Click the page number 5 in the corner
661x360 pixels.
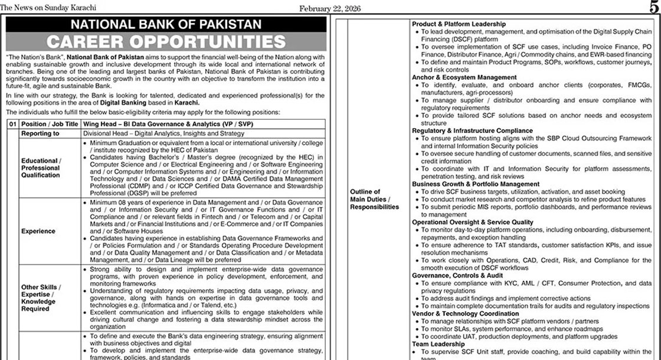tap(653, 7)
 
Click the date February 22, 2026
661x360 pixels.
tap(330, 9)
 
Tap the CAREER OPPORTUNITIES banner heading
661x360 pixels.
tap(166, 42)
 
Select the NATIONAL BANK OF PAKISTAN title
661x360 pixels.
tap(166, 25)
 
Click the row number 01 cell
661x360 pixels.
tap(12, 125)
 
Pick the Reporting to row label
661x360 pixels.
tap(40, 134)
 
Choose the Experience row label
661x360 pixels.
tap(38, 231)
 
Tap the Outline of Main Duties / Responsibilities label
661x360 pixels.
tap(374, 199)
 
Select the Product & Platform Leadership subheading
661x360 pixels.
tap(459, 24)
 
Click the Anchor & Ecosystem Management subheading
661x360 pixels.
tap(464, 77)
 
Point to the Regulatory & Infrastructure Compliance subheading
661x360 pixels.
tap(472, 130)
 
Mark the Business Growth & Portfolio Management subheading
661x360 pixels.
tap(476, 184)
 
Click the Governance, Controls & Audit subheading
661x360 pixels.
tap(457, 276)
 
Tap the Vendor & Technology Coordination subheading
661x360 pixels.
tap(466, 314)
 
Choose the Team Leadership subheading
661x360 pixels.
tap(439, 344)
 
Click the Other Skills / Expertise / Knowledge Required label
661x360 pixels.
tap(41, 298)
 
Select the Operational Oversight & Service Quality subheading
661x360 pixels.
tap(473, 222)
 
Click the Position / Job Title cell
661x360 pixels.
tap(50, 125)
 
